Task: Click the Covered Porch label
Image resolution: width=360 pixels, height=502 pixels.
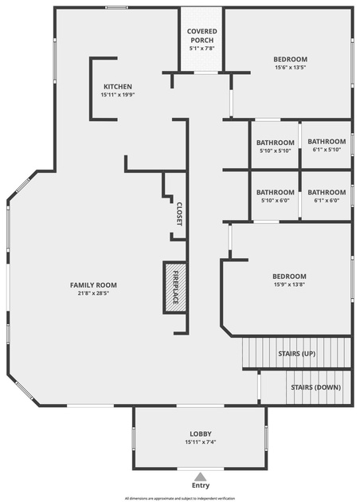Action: [x=202, y=36]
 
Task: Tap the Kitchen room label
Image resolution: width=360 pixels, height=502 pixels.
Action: [x=118, y=86]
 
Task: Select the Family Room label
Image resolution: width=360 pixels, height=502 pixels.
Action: [x=93, y=285]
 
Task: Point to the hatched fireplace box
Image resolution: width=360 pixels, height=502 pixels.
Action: [x=175, y=287]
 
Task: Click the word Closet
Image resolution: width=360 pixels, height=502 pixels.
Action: [x=179, y=214]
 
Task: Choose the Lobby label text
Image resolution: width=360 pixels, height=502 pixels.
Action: [x=201, y=433]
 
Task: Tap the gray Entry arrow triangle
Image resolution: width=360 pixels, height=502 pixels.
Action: [x=201, y=477]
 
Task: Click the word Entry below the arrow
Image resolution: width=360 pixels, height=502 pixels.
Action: [x=201, y=485]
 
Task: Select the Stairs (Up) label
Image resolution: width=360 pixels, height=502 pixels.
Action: [x=297, y=354]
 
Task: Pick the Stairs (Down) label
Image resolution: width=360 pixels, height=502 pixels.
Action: [x=316, y=387]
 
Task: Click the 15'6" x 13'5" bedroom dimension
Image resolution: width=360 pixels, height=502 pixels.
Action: [x=290, y=68]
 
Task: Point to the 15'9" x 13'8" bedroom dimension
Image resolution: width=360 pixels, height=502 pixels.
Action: [x=290, y=284]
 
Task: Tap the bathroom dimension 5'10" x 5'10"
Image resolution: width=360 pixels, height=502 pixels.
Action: [x=275, y=151]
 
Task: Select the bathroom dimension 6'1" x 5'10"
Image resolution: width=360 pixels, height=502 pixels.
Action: [x=327, y=150]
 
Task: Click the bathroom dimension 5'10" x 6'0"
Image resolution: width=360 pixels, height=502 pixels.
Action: [x=275, y=201]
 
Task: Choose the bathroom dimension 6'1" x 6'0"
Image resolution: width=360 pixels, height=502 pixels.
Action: [x=327, y=201]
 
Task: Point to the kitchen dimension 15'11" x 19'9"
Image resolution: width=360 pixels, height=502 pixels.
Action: [x=116, y=95]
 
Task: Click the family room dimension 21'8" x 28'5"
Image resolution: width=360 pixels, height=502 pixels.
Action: [x=93, y=293]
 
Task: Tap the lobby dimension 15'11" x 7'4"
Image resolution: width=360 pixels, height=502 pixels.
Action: [x=201, y=442]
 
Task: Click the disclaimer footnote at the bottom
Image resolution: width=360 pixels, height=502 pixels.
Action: [x=180, y=499]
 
